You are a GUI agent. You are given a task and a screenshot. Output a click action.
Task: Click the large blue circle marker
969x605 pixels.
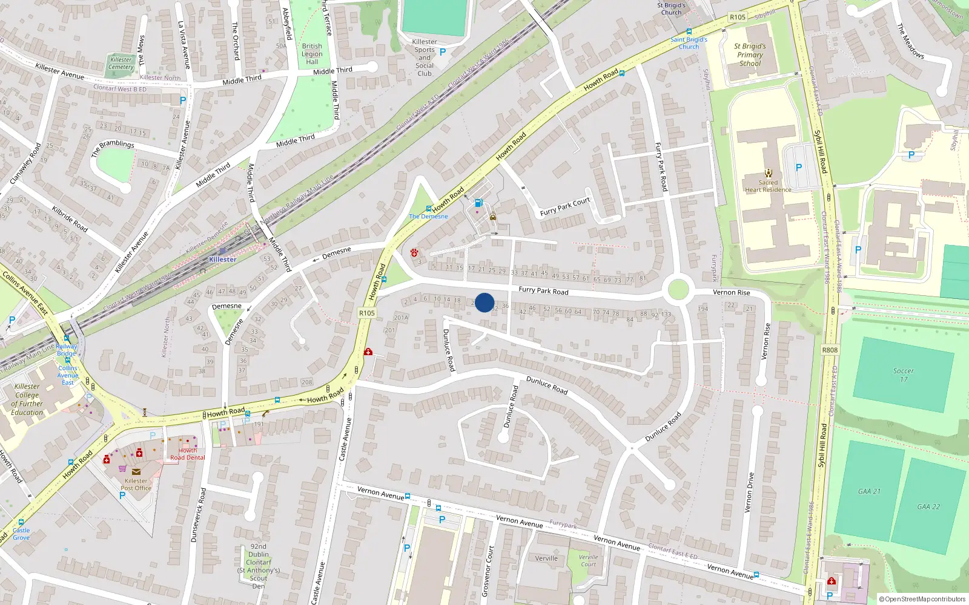484,302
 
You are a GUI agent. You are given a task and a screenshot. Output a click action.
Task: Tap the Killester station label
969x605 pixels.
222,260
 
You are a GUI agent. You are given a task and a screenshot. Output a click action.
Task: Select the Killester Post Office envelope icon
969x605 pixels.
136,472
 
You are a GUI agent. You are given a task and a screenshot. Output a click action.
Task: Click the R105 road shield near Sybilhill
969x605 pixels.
737,17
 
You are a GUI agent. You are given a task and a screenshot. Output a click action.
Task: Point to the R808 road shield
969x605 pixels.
830,350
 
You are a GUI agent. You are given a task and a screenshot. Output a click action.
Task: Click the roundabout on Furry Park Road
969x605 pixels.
678,290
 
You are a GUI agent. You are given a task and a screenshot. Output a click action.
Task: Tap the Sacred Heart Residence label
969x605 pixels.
768,186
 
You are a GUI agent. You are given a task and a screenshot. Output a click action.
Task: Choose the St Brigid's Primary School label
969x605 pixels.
750,54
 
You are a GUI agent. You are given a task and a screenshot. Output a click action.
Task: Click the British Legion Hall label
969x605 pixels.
312,54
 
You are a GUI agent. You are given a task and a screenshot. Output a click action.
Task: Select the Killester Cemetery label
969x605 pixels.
121,63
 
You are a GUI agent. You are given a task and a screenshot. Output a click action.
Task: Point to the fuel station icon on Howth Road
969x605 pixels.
478,203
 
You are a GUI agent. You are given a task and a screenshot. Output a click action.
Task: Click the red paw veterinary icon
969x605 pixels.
415,252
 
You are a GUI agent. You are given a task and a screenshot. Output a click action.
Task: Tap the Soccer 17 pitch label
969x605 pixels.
903,375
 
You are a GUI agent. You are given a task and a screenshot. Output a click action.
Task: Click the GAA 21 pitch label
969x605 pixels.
869,491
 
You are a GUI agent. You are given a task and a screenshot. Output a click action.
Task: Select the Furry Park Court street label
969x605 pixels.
564,207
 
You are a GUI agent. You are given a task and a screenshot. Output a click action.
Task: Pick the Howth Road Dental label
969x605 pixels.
187,454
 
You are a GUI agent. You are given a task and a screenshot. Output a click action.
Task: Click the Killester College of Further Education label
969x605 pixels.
27,399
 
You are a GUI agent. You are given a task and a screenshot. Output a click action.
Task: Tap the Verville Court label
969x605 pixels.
588,560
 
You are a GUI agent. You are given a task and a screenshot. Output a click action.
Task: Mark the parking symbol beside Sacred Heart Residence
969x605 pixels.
798,168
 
